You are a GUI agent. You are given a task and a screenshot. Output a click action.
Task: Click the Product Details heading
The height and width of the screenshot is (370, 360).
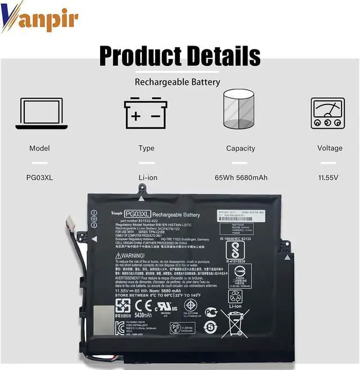click(179, 56)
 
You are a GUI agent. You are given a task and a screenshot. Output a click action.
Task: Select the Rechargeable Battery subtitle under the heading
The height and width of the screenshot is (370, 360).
click(177, 82)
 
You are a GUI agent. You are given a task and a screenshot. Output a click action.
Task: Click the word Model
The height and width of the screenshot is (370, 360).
click(39, 148)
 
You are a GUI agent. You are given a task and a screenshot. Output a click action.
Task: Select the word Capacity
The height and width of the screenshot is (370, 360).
click(240, 148)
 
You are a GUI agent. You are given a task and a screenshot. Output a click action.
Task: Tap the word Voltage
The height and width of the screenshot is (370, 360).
click(330, 148)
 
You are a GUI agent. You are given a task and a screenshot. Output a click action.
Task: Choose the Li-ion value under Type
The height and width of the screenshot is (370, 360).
click(147, 178)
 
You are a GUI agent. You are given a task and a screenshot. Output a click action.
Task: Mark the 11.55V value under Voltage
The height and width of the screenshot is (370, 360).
click(328, 178)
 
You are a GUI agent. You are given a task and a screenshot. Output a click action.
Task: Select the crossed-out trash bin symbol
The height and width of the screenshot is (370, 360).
click(236, 323)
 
